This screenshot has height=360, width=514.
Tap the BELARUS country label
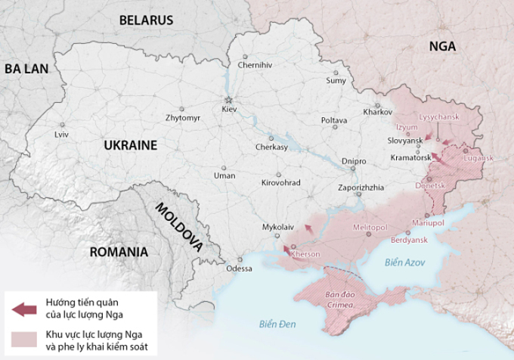(x=146, y=20)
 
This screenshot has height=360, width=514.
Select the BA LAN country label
(x=26, y=69)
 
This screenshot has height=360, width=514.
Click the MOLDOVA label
(x=178, y=226)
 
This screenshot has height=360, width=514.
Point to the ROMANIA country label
(x=118, y=252)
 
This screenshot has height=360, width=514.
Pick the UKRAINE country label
(x=130, y=144)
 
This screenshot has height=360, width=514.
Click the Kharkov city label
(x=377, y=112)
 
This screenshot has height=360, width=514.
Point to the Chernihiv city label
(x=254, y=65)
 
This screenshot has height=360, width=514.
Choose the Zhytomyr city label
(x=183, y=119)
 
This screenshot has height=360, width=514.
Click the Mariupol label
(x=428, y=223)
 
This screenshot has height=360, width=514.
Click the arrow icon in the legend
(x=24, y=309)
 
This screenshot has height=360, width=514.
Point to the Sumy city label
(x=336, y=80)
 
